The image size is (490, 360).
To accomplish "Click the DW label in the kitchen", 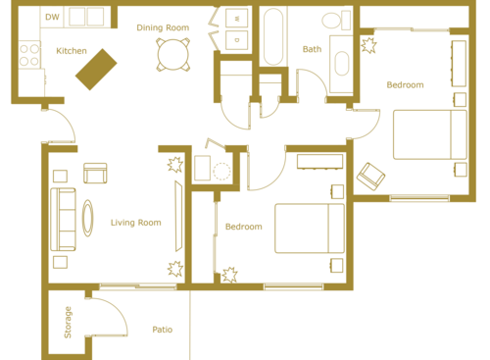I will [52, 17].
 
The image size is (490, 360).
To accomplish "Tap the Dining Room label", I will [163, 27].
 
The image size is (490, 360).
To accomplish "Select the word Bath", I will [312, 49].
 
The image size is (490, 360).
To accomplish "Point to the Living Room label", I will [135, 223].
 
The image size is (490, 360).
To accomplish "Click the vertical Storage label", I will [68, 324].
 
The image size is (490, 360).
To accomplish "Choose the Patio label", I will [163, 330].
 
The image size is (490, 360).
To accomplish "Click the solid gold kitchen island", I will [97, 69].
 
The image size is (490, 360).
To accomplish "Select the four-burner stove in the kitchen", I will [27, 55].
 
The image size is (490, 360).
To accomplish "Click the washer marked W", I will [236, 19].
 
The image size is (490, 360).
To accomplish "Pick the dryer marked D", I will [236, 39].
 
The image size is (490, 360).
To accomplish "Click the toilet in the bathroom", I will [333, 21].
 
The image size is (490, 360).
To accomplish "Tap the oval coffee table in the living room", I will [89, 216].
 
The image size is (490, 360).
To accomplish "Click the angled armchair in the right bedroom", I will [371, 176].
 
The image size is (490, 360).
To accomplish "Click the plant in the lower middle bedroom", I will [230, 275].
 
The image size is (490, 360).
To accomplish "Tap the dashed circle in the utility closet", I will [222, 171].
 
